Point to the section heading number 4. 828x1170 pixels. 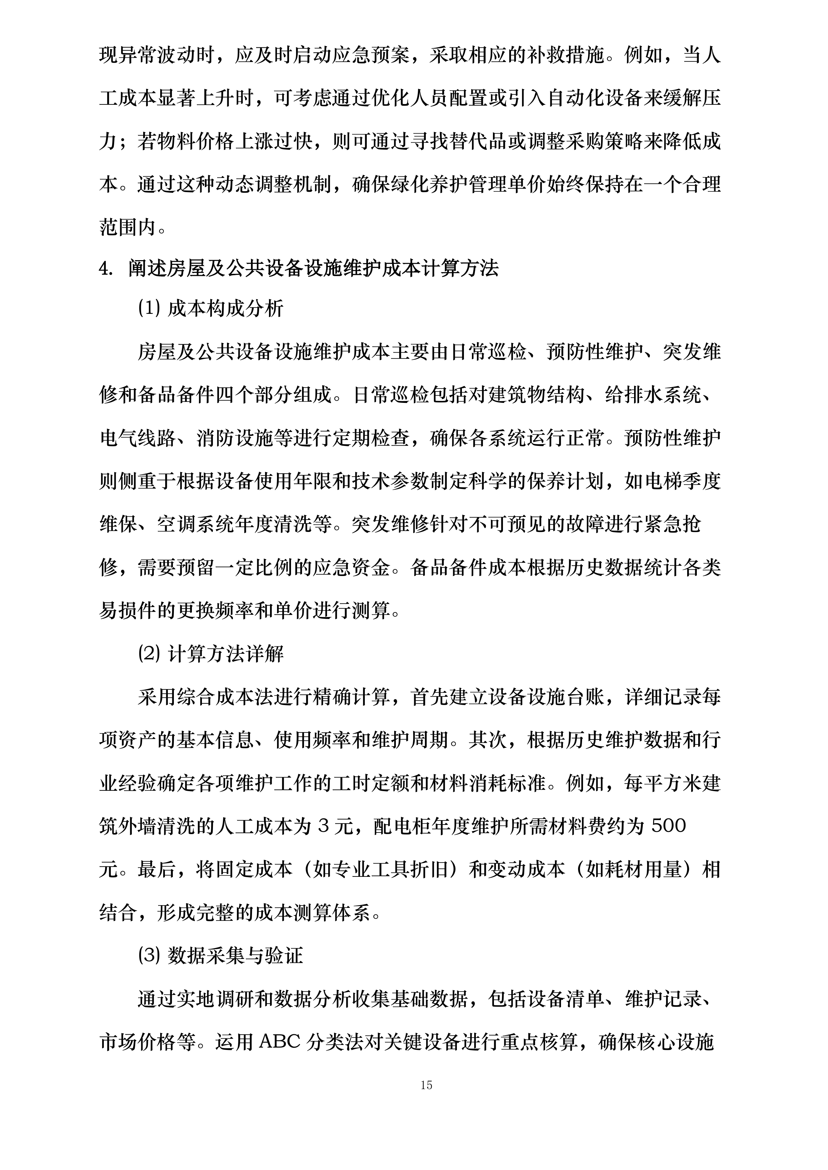pyautogui.click(x=105, y=268)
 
